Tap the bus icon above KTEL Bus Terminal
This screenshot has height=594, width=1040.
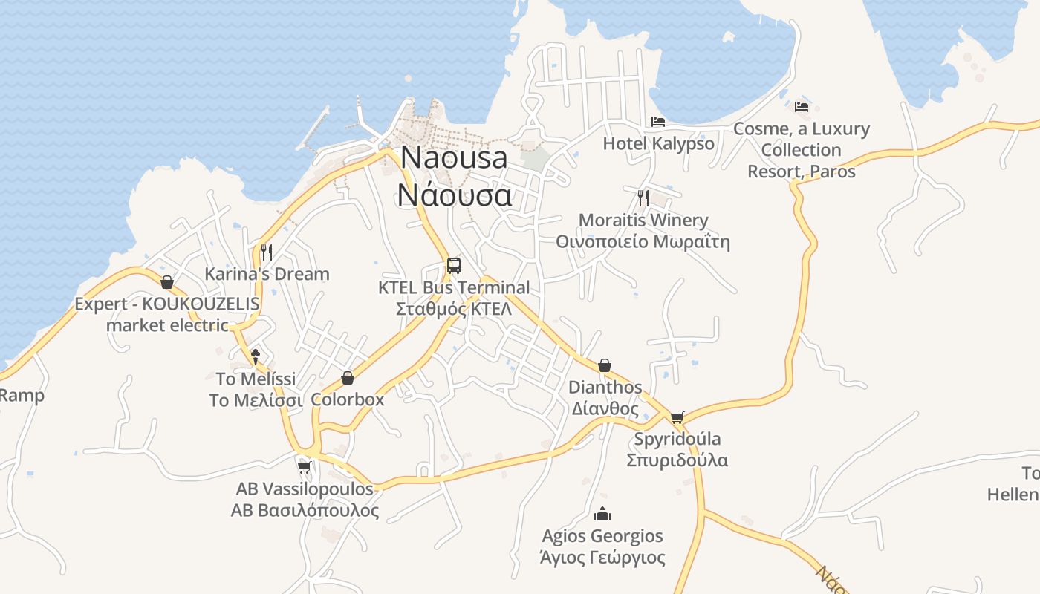pyautogui.click(x=453, y=265)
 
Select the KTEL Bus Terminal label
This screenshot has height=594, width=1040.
pyautogui.click(x=454, y=298)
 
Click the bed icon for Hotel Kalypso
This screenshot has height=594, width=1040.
pyautogui.click(x=657, y=122)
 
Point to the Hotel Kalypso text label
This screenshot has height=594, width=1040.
pyautogui.click(x=658, y=143)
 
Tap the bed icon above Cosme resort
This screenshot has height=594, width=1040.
pyautogui.click(x=801, y=107)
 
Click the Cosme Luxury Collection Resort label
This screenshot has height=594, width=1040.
pyautogui.click(x=801, y=150)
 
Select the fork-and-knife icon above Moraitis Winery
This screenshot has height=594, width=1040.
pyautogui.click(x=643, y=198)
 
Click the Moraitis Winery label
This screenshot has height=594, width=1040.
pyautogui.click(x=643, y=231)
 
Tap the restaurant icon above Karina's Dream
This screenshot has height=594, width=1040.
pyautogui.click(x=267, y=252)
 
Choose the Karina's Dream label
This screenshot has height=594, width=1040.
pyautogui.click(x=267, y=274)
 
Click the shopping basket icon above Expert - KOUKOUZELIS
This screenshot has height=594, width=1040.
pyautogui.click(x=167, y=282)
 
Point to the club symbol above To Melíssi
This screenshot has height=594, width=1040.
pyautogui.click(x=256, y=356)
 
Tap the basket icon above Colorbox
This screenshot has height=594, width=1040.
pyautogui.click(x=347, y=378)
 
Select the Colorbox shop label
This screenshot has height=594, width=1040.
pyautogui.click(x=347, y=399)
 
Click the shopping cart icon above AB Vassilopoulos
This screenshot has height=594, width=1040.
pyautogui.click(x=304, y=467)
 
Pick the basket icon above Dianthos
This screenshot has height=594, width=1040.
pyautogui.click(x=605, y=365)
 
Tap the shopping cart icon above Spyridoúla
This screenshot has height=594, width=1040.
pyautogui.click(x=677, y=417)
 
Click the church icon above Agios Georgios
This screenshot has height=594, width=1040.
pyautogui.click(x=602, y=513)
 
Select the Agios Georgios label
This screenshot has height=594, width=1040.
pyautogui.click(x=602, y=546)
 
